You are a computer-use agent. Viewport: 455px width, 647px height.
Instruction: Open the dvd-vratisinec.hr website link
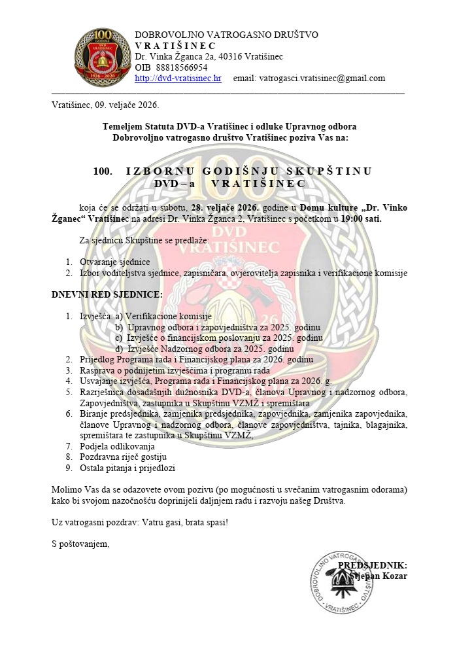178,78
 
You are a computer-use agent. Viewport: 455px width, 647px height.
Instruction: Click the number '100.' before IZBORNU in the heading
103,171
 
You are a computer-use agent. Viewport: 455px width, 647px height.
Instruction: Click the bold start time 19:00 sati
361,219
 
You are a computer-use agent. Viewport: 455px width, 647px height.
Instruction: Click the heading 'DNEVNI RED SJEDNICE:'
97,294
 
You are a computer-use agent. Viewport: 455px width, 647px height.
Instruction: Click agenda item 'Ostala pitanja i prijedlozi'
128,468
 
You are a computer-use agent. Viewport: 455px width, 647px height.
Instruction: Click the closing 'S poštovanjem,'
80,544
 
